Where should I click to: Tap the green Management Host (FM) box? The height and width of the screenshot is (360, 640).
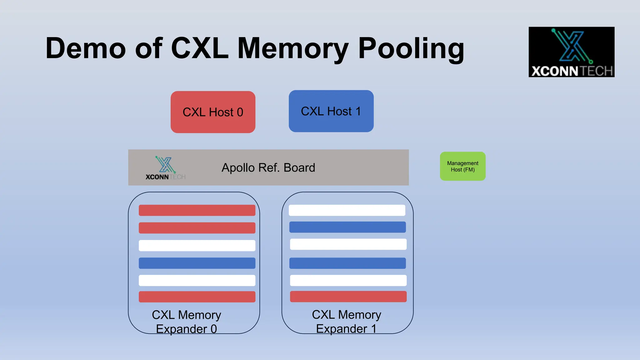pos(462,166)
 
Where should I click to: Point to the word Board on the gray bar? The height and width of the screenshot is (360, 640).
pos(299,168)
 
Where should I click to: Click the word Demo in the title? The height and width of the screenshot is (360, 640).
pos(86,48)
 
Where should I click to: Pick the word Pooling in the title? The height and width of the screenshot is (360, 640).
pos(411,48)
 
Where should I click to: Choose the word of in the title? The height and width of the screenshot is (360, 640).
pos(149,48)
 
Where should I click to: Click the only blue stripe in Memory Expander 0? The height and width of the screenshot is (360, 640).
pos(197,263)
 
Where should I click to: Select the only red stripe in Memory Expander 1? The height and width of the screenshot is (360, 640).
pos(348,297)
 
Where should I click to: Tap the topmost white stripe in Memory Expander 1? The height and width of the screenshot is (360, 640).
pos(347,210)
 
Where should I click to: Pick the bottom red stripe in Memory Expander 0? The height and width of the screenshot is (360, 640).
pos(197,297)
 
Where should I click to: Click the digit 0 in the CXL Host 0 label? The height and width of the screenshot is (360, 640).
pos(240,112)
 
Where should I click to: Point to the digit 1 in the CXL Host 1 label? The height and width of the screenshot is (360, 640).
pos(358,111)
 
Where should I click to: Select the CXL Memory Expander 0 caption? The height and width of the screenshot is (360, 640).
pos(186,322)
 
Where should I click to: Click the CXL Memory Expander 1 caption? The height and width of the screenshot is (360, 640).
pos(346,322)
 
